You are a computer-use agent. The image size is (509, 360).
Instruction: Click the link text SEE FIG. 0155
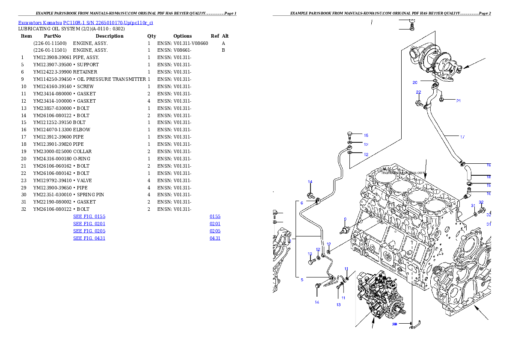[89, 217]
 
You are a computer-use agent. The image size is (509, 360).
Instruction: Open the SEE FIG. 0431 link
[89, 238]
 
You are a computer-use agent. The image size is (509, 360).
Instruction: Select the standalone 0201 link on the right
[215, 224]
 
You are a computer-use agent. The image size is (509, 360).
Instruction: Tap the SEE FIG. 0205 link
[89, 231]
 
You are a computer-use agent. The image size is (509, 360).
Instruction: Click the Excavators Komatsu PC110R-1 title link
[86, 23]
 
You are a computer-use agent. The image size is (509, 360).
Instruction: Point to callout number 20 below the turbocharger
[415, 83]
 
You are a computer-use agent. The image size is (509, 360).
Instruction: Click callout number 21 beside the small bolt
[458, 101]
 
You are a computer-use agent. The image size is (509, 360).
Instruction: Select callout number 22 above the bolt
[418, 92]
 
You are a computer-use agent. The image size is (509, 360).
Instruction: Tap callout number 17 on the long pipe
[462, 137]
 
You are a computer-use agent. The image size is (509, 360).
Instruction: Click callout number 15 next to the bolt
[366, 136]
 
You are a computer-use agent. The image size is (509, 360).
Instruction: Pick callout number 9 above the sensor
[345, 219]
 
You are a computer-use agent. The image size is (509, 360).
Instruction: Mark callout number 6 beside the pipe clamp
[302, 203]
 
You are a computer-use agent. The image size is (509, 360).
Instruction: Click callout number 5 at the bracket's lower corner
[302, 280]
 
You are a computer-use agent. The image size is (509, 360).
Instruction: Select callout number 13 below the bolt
[338, 305]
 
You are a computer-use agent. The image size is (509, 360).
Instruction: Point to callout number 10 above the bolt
[310, 254]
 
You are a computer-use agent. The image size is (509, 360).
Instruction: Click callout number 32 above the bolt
[481, 202]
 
